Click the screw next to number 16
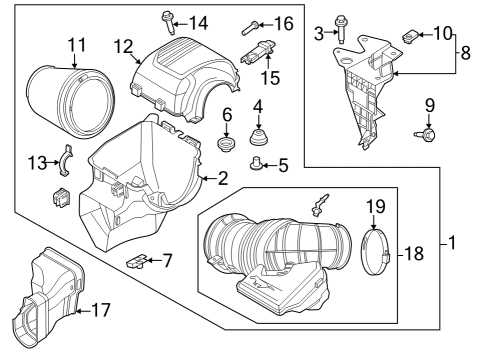251,27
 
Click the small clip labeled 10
409,39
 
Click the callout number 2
222,179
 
